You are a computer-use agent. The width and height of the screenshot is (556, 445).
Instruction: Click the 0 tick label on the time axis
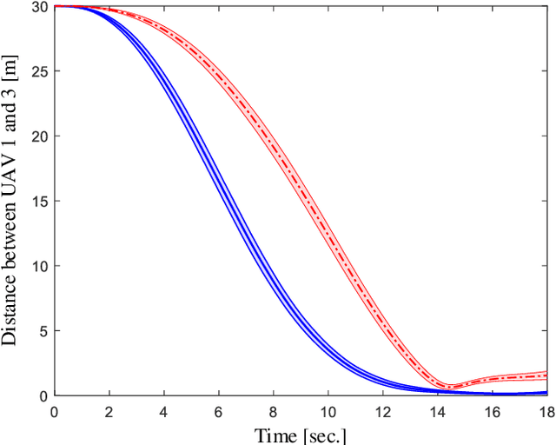click(x=54, y=411)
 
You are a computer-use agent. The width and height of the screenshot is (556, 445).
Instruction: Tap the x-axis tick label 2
click(x=109, y=411)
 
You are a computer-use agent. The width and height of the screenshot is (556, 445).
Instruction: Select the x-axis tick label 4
click(x=163, y=411)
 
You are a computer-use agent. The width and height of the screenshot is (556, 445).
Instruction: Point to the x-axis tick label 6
click(x=218, y=411)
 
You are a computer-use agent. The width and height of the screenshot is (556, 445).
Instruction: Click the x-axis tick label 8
click(x=273, y=411)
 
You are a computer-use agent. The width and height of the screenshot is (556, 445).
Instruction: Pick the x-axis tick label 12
click(x=382, y=411)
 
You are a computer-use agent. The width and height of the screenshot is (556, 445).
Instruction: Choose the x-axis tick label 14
click(x=437, y=411)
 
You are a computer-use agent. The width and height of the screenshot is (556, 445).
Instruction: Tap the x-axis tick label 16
click(x=492, y=411)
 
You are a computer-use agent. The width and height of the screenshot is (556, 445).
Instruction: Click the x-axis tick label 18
click(x=545, y=411)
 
